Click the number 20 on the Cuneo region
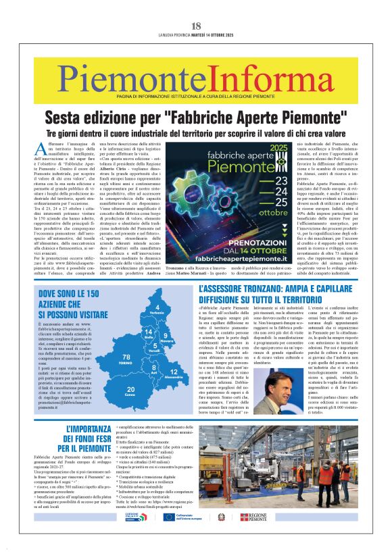click(x=130, y=389)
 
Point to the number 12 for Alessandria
click(x=173, y=372)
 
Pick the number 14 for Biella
click(x=147, y=332)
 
